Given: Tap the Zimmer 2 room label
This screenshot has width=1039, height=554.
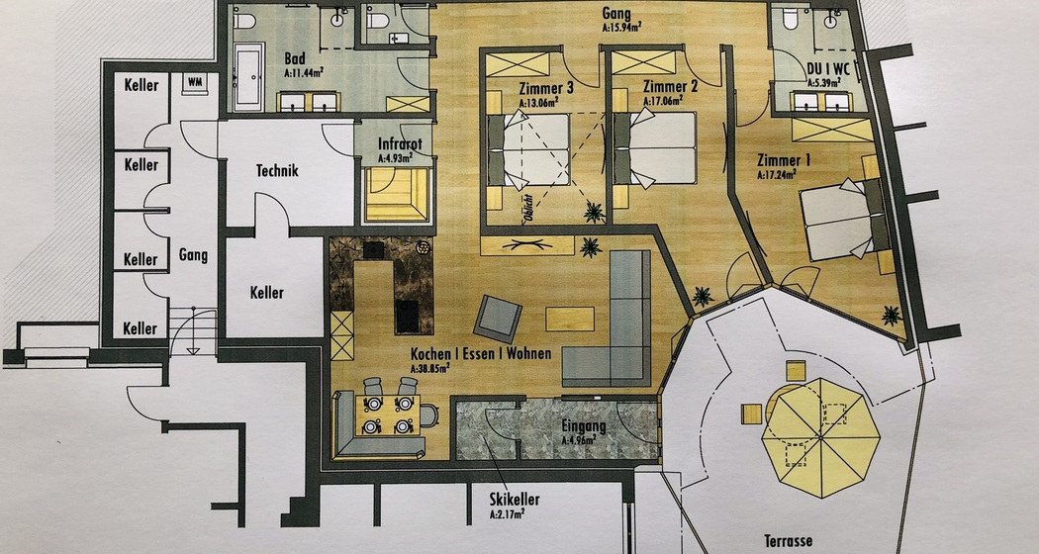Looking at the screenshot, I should [669, 86].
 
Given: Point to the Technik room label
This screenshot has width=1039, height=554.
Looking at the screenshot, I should [276, 170].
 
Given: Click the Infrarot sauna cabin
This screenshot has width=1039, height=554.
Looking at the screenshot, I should [400, 193].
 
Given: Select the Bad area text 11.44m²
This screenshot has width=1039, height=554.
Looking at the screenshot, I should [304, 72].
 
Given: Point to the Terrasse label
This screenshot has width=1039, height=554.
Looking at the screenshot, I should [788, 540].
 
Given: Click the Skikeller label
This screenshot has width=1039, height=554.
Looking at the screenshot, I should [513, 500].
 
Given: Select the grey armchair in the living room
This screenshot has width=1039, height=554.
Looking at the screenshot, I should [497, 319].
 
